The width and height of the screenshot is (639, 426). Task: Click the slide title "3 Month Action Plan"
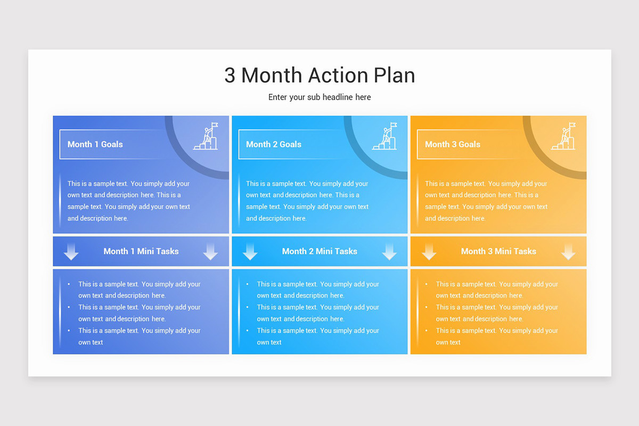319,75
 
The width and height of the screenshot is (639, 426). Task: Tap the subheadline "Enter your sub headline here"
319,97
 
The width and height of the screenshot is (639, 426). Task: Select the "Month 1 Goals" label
95,144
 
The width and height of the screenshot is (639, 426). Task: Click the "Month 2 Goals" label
274,144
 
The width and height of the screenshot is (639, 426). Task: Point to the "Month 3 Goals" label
453,144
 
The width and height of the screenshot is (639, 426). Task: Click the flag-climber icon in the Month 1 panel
206,137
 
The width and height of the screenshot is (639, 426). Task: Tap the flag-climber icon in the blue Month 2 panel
384,137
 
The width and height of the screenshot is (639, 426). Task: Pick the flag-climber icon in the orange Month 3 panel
563,137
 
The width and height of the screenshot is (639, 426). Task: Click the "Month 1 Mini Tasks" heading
141,251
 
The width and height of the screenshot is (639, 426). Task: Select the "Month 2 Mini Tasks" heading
319,251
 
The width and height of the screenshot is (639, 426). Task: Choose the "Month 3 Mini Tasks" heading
498,251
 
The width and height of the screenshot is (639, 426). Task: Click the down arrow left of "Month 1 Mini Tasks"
71,252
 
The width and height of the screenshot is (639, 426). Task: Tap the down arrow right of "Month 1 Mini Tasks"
210,252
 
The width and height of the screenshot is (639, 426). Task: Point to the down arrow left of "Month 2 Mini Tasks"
250,252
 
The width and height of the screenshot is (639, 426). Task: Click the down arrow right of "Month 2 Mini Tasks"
389,252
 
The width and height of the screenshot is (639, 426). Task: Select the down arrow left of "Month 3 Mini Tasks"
429,252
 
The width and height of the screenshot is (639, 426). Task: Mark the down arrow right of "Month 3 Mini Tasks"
568,252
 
